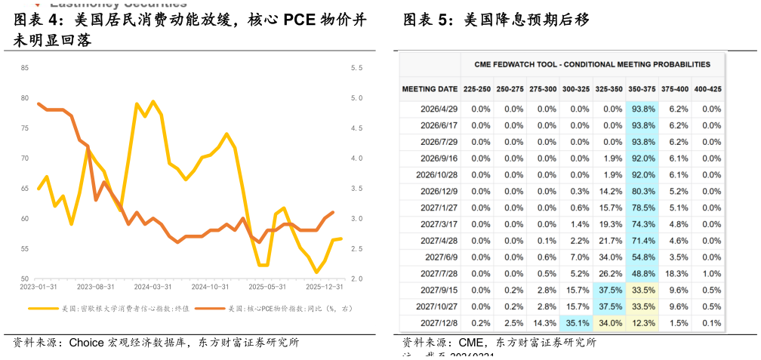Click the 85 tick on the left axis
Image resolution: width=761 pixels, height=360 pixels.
[25, 68]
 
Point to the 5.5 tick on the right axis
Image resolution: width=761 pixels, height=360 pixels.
[357, 68]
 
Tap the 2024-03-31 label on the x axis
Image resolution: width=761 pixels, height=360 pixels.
[153, 287]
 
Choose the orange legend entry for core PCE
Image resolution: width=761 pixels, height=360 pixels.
[279, 309]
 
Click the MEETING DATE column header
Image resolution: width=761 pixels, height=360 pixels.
[430, 89]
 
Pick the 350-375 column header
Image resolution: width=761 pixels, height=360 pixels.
[642, 89]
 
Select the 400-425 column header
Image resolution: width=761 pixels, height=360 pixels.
[708, 89]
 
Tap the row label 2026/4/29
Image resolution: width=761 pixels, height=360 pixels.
[439, 109]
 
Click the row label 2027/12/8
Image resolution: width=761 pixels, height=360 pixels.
[439, 324]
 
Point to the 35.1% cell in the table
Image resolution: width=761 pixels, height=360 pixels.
[576, 324]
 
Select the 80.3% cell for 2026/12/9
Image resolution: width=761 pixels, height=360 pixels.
[642, 192]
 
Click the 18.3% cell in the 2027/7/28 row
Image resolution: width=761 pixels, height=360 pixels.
[675, 274]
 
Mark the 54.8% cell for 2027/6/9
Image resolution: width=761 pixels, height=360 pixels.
[642, 257]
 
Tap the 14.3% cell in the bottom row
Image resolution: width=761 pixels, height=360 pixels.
[544, 324]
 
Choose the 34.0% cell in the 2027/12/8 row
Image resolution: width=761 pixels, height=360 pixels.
[609, 324]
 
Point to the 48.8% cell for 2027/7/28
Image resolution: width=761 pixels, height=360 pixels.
[642, 274]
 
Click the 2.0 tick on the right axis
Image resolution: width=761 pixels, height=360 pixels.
[357, 279]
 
